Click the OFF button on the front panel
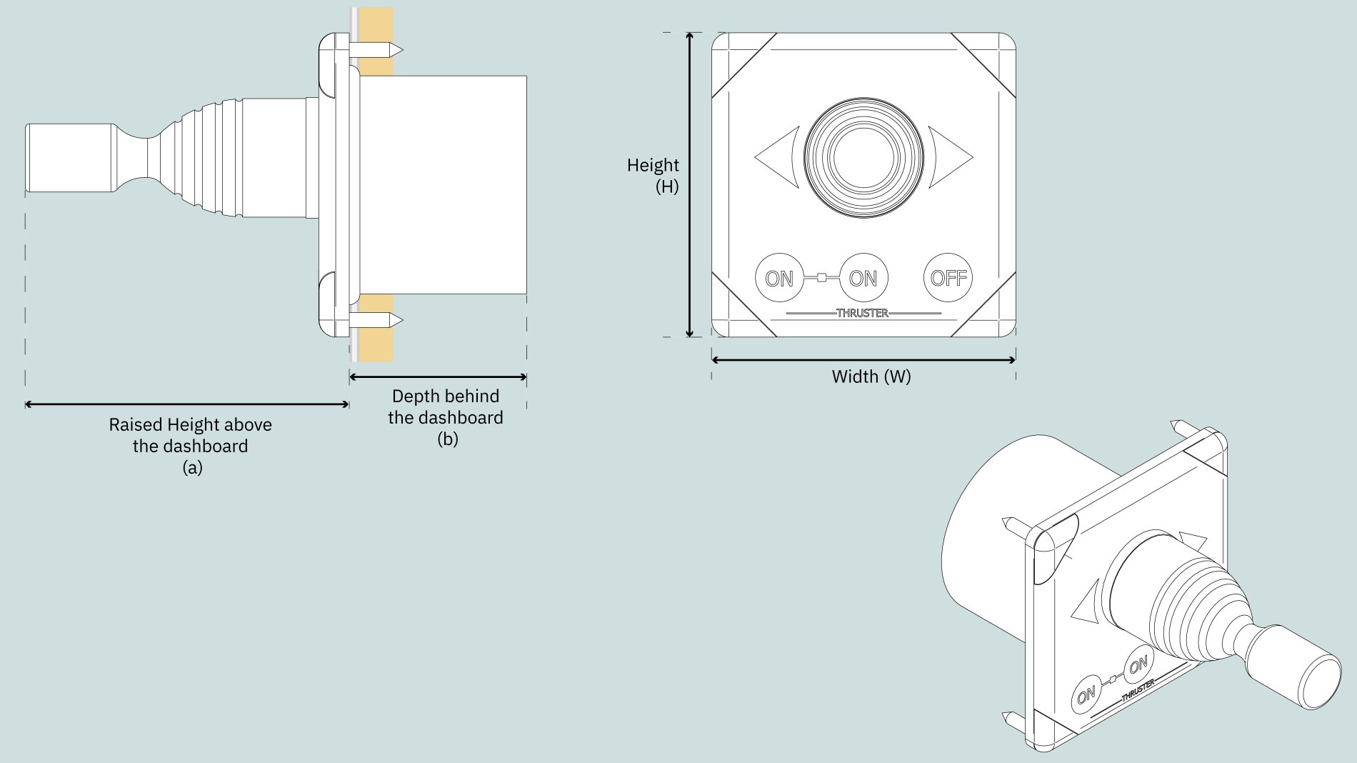(x=948, y=278)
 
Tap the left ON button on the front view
(x=778, y=278)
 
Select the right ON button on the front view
(x=863, y=278)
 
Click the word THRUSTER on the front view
(x=862, y=313)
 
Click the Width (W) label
(x=871, y=376)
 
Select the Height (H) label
(x=653, y=176)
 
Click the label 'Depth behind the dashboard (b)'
(x=446, y=417)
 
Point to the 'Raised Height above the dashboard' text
(x=191, y=436)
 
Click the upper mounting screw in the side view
(x=376, y=50)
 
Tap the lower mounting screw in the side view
(x=376, y=320)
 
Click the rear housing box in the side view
(x=443, y=184)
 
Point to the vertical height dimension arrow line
(x=689, y=184)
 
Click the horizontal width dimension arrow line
(x=863, y=360)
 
